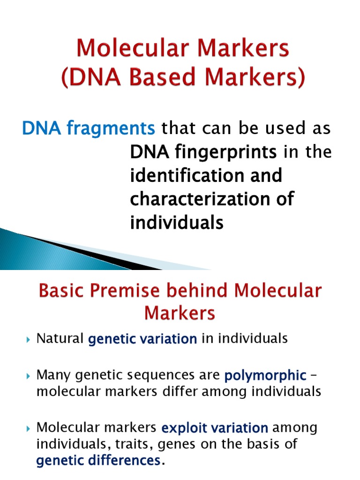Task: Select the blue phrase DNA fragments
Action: (x=89, y=127)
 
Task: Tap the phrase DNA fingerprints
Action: (x=203, y=152)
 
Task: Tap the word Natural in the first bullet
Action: (x=60, y=338)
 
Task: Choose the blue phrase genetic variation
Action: (x=142, y=339)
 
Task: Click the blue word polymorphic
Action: (x=265, y=375)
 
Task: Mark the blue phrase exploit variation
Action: (x=215, y=428)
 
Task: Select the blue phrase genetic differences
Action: (x=98, y=461)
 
